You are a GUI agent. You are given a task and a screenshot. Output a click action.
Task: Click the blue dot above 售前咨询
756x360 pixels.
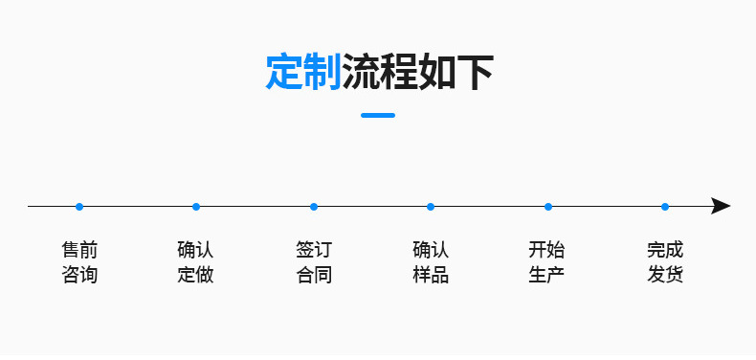[79, 207]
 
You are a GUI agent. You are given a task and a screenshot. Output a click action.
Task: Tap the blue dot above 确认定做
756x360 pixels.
[196, 207]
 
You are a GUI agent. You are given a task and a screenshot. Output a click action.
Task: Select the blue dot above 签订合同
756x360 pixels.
[314, 207]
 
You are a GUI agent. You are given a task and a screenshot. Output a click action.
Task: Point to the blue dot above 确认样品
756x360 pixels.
[431, 207]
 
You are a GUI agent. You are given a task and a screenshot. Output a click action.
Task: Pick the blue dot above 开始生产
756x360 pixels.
[548, 207]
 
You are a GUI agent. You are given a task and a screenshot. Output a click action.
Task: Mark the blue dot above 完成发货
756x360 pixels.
[665, 207]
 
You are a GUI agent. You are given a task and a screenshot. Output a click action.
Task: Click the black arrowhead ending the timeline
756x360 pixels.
[721, 207]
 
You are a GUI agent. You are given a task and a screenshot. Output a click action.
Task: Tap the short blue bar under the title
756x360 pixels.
[378, 115]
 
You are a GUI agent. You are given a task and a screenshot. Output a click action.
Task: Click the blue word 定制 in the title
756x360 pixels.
[303, 73]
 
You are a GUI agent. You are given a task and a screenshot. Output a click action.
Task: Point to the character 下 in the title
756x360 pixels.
[475, 73]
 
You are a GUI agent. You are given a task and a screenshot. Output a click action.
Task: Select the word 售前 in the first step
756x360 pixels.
[79, 251]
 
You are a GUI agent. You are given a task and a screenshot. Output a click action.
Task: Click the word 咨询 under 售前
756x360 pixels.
[79, 276]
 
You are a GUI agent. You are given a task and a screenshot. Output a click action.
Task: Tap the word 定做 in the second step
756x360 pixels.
[196, 276]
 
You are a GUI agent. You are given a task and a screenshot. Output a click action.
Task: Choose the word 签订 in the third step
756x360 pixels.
[314, 251]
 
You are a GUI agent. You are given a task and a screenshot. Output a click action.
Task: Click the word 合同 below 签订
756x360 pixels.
[314, 276]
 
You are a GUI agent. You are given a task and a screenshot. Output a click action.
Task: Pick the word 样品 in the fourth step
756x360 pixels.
[431, 276]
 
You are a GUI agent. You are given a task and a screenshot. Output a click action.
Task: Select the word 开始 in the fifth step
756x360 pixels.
[547, 251]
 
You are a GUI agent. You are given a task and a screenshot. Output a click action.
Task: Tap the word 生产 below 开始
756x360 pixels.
[547, 276]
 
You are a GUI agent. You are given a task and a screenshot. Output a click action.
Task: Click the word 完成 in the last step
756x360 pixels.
[665, 251]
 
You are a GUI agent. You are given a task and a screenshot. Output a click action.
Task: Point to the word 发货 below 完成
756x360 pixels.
[665, 276]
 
